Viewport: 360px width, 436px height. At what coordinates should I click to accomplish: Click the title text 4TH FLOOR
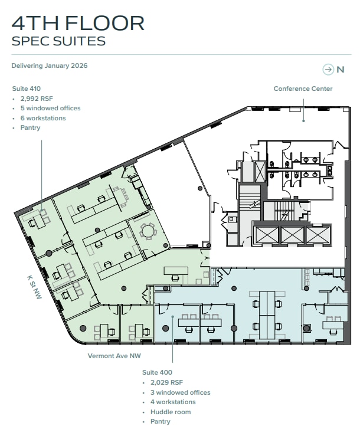pos(78,23)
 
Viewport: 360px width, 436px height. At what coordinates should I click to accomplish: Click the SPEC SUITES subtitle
pos(58,41)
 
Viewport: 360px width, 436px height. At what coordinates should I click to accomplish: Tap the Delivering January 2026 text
pos(50,65)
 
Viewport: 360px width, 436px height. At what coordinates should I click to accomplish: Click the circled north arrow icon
pos(328,70)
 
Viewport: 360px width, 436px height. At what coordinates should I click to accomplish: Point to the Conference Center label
pos(303,88)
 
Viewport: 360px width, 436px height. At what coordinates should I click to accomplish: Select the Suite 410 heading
pos(27,88)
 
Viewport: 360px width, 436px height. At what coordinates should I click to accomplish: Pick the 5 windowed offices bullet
pos(50,109)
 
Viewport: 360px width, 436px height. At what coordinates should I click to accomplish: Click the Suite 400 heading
pos(157,372)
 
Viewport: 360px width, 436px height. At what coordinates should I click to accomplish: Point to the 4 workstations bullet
pos(173,402)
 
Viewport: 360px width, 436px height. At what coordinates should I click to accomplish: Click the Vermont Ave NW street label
pos(114,356)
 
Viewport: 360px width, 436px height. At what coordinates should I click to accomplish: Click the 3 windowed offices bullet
pos(180,392)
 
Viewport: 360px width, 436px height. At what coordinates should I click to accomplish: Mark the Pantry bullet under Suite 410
pos(30,127)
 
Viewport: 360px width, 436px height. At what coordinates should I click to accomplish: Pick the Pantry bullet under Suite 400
pos(160,421)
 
